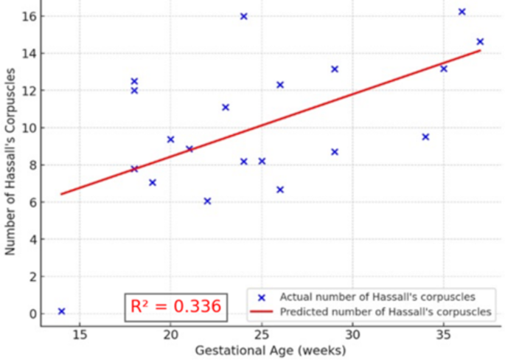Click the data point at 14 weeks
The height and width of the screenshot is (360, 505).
pyautogui.click(x=61, y=311)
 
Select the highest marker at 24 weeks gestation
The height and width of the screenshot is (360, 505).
pyautogui.click(x=244, y=16)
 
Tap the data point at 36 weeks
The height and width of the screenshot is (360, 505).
pyautogui.click(x=462, y=12)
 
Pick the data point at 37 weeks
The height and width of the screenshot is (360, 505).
pyautogui.click(x=480, y=41)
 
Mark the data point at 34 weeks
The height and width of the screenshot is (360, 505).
pyautogui.click(x=425, y=136)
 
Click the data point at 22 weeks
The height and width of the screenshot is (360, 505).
pyautogui.click(x=207, y=201)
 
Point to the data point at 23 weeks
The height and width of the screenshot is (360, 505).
pyautogui.click(x=226, y=107)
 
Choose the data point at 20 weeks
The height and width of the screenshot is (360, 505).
pyautogui.click(x=171, y=139)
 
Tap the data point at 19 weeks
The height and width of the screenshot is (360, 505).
pyautogui.click(x=153, y=182)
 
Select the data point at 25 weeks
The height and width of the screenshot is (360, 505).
pyautogui.click(x=262, y=161)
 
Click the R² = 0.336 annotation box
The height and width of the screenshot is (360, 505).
pyautogui.click(x=175, y=306)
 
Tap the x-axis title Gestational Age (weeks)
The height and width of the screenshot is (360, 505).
pyautogui.click(x=270, y=350)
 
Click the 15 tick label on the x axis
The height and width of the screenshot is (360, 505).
pyautogui.click(x=80, y=333)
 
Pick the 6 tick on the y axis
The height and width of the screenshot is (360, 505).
pyautogui.click(x=32, y=202)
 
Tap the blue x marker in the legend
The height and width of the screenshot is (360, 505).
pyautogui.click(x=260, y=297)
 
